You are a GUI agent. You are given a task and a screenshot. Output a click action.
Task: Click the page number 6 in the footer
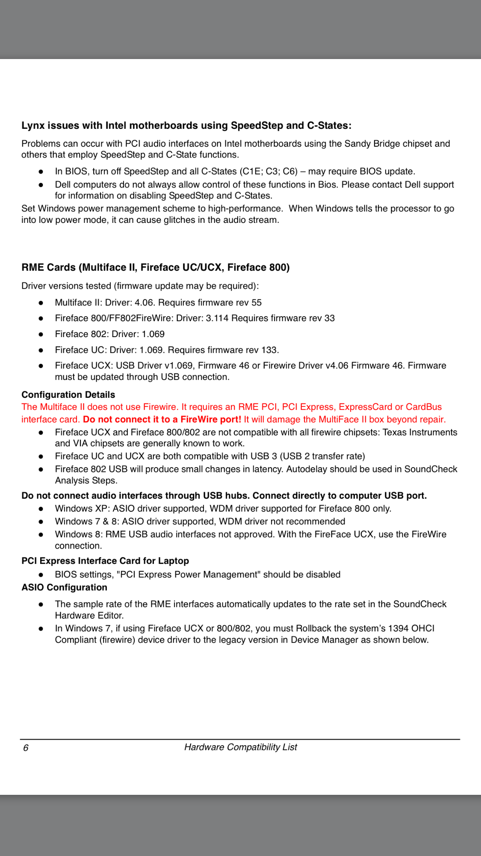tap(26, 748)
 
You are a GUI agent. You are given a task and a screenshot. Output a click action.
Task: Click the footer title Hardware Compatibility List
tap(240, 747)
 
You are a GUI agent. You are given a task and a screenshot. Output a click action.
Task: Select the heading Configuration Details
tap(68, 394)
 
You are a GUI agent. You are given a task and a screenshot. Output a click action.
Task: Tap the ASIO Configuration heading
tap(64, 587)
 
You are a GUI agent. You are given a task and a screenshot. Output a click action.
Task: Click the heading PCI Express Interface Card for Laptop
tap(105, 561)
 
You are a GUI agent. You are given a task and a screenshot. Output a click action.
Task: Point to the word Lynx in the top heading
tap(33, 125)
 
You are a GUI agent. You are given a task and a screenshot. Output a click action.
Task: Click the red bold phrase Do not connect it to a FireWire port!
tap(162, 419)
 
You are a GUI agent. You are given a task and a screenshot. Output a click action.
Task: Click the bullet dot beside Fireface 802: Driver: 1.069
tap(41, 334)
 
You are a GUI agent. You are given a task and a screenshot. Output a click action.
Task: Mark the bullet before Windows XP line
tap(41, 509)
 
